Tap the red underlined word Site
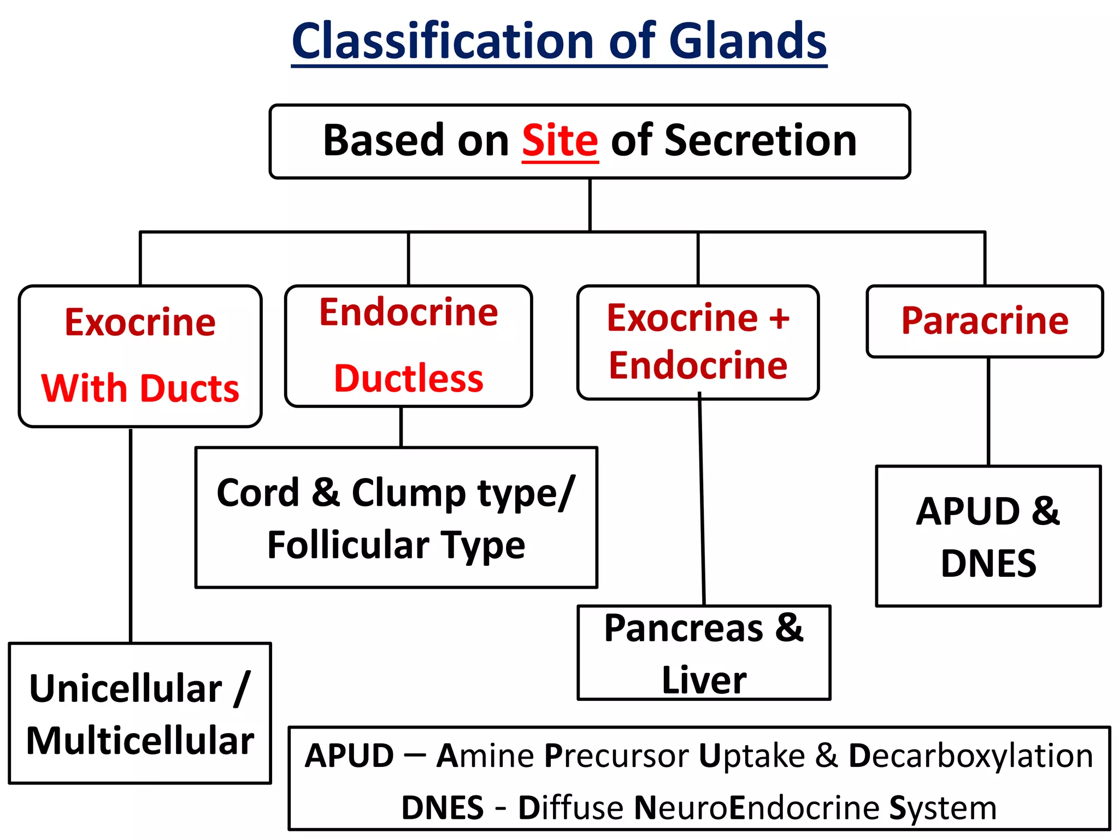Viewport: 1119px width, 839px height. point(560,141)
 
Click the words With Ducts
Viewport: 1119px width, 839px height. point(140,388)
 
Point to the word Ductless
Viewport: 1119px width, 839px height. point(409,379)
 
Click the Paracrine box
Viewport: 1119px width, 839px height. point(985,321)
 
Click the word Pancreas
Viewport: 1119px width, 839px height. point(684,628)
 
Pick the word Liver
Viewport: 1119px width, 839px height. point(704,680)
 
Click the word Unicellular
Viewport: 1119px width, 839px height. point(126,689)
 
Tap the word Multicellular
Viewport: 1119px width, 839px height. point(140,741)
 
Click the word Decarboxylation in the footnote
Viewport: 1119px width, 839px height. point(970,756)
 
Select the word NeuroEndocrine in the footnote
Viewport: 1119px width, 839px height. point(756,808)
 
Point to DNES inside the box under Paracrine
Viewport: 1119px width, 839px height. point(988,564)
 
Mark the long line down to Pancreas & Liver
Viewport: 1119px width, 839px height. point(702,503)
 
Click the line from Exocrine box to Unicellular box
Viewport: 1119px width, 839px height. point(131,535)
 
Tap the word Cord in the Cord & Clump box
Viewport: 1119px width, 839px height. point(258,493)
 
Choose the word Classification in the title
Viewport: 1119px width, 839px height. point(443,42)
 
